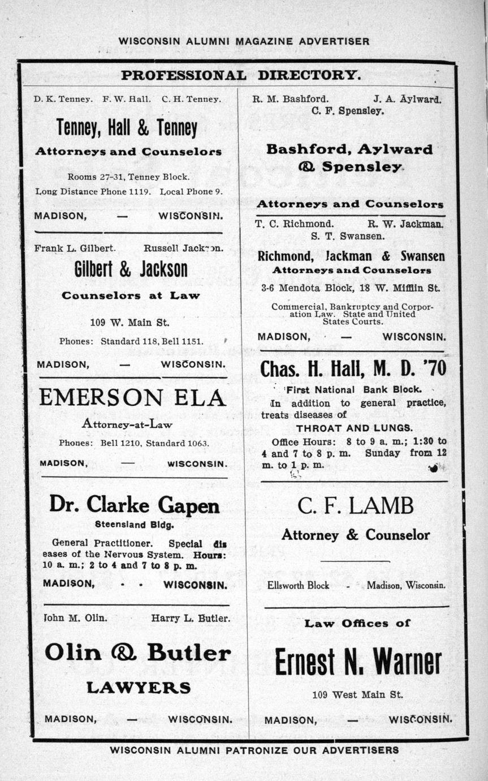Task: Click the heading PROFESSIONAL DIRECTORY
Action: coord(240,75)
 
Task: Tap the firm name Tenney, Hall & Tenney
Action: coord(127,128)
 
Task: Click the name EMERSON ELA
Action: coord(132,398)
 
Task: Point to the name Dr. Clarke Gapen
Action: coord(134,504)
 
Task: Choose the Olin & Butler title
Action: coord(137,653)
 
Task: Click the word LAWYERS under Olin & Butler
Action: coord(139,688)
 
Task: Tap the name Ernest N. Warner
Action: coord(357,662)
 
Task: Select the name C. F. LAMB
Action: coord(355,505)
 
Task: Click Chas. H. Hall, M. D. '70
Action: coord(353,369)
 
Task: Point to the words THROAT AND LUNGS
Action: coord(355,428)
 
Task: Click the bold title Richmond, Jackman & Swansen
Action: coord(351,256)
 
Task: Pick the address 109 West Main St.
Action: coord(357,694)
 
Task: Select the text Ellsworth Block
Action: coord(298,585)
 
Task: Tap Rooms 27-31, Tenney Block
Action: coord(128,177)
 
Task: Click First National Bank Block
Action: coord(353,389)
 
